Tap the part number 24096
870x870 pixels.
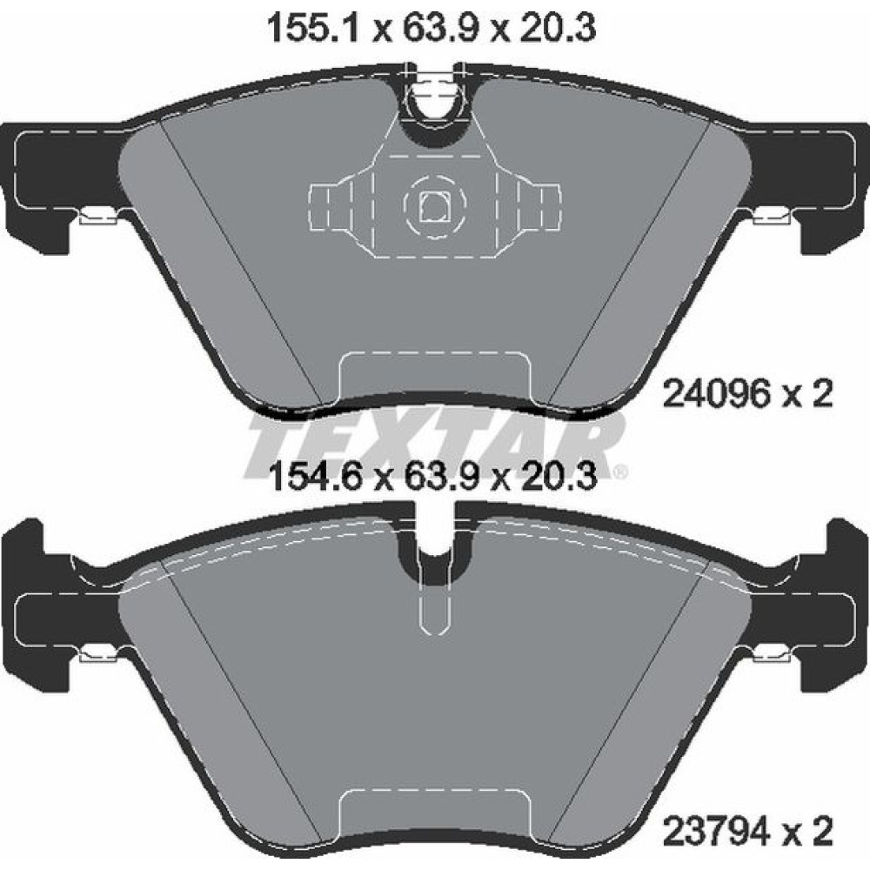pos(714,395)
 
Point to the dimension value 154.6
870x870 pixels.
pos(311,476)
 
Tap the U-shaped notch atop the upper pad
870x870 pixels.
pos(435,104)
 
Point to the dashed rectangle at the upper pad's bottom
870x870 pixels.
pos(434,374)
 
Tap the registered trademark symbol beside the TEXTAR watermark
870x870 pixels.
pos(619,473)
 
